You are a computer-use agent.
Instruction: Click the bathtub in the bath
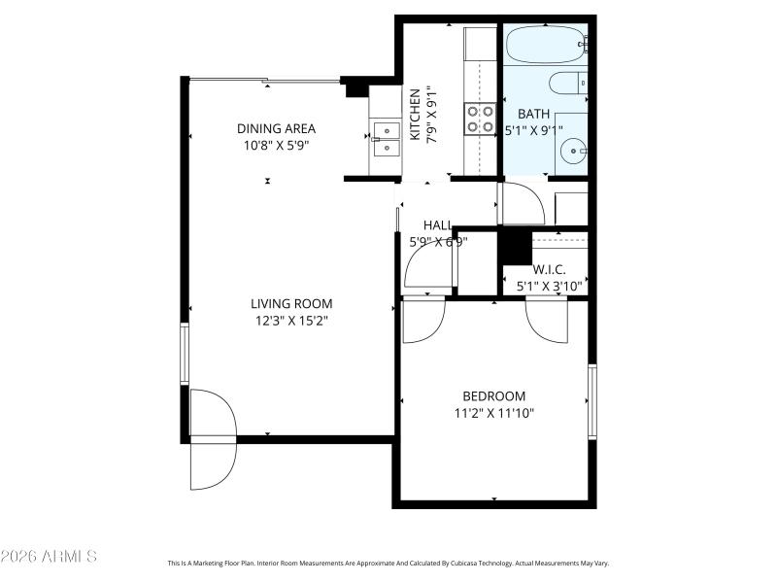pos(545,43)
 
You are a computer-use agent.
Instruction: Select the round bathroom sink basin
pos(574,152)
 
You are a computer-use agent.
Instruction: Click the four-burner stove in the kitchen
pos(481,119)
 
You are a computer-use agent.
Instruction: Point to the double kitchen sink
pos(386,138)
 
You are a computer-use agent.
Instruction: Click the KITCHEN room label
pos(415,115)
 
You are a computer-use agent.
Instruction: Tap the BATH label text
pos(533,113)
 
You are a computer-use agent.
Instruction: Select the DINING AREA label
pos(277,128)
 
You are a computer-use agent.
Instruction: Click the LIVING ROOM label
pos(291,303)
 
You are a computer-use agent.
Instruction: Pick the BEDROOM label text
pos(493,395)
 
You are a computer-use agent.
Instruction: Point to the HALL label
pos(437,225)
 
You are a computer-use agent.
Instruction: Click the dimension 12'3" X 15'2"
pos(291,321)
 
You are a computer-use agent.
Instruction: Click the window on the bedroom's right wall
pos(591,400)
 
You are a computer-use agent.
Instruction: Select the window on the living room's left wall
pos(185,355)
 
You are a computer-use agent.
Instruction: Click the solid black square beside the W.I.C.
pos(515,246)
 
